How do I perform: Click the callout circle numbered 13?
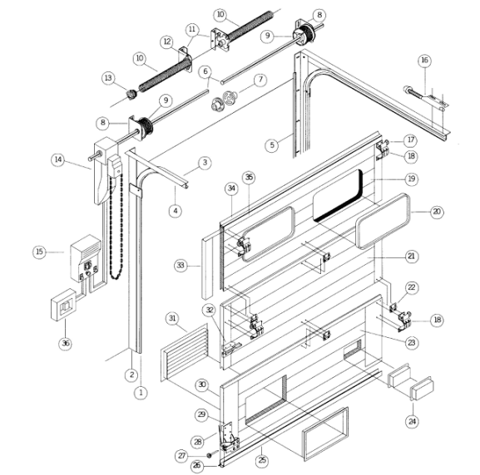[x=108, y=78]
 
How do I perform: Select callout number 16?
[x=424, y=61]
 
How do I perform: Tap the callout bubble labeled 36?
[x=66, y=344]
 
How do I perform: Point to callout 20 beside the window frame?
[x=437, y=212]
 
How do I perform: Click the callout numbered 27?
[x=182, y=456]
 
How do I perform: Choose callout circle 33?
[x=181, y=265]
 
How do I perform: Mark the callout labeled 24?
[x=412, y=422]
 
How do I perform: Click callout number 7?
[x=260, y=80]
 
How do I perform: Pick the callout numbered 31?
[x=172, y=319]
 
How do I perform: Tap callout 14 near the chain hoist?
[x=58, y=159]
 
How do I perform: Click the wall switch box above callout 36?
[x=63, y=305]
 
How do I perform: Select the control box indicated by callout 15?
[x=86, y=258]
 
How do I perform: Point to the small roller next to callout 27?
[x=210, y=455]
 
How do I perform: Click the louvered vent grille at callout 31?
[x=185, y=353]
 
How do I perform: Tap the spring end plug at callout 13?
[x=132, y=94]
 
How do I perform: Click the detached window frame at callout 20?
[x=383, y=221]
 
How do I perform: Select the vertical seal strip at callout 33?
[x=207, y=268]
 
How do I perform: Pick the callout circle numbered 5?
[x=272, y=144]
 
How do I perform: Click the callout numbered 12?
[x=167, y=42]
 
